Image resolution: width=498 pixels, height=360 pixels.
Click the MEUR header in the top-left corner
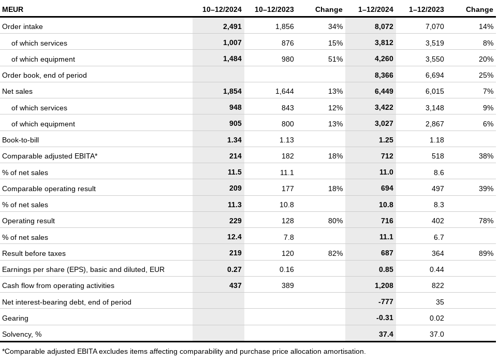13,9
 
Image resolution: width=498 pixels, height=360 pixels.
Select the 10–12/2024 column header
222,9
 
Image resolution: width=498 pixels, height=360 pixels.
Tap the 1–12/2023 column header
426,9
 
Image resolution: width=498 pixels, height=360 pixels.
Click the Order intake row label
22,27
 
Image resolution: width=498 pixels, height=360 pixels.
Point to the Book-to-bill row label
20,140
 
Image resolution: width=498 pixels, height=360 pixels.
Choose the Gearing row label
15,319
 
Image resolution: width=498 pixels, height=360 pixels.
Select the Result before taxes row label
34,254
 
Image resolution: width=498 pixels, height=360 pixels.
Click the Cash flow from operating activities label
58,285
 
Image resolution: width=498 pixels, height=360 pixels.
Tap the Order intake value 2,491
232,27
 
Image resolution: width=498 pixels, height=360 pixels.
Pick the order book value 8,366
384,75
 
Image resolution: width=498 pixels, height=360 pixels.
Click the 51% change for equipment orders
335,59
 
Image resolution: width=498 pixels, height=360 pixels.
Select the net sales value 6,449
384,92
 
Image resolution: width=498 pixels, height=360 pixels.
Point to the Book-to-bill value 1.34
235,140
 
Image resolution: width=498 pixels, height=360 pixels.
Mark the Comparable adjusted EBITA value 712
387,156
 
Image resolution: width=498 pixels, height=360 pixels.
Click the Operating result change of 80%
335,221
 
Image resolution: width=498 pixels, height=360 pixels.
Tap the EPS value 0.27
235,269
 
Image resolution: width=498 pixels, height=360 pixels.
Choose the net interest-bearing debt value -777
386,302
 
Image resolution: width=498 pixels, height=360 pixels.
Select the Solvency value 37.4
386,334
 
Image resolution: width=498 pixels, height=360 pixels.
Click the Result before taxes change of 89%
486,254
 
